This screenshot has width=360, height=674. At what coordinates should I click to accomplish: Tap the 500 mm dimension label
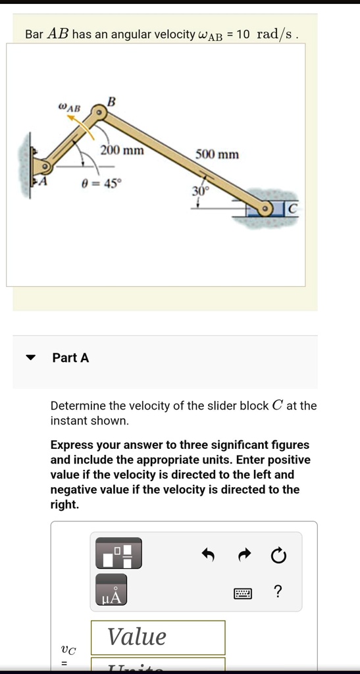(x=217, y=155)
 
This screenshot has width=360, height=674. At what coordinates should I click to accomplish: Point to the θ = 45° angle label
(x=101, y=184)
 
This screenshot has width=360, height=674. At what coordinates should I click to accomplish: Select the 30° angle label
(x=199, y=191)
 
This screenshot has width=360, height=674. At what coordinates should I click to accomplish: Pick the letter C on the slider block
(x=293, y=209)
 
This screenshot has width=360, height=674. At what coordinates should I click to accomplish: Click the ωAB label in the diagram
(x=69, y=106)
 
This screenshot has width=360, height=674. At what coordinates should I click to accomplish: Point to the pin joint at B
(x=99, y=114)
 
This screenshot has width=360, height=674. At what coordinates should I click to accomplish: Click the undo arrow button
(x=208, y=556)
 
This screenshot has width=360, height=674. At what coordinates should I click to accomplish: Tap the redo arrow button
(x=244, y=556)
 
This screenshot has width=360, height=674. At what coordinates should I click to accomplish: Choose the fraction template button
(x=118, y=553)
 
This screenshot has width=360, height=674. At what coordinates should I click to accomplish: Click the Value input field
(x=158, y=637)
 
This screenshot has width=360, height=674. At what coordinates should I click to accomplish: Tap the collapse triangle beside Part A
(x=30, y=358)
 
